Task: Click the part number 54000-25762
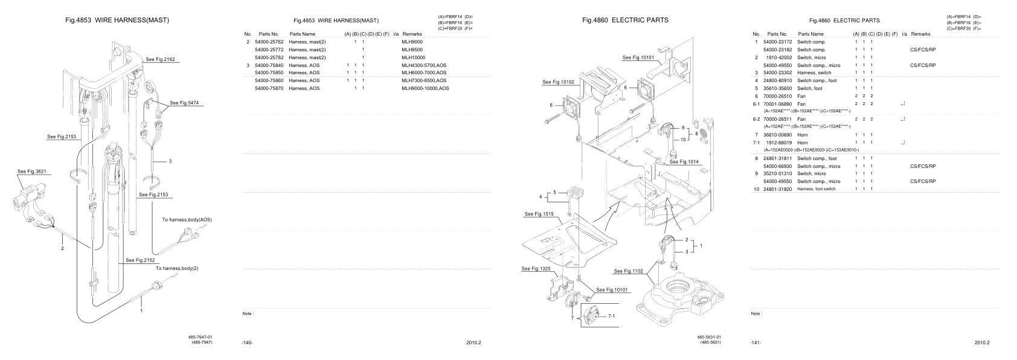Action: [270, 42]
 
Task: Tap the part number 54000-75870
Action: [270, 88]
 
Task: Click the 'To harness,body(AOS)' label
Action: [187, 219]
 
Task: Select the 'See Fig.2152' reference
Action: [140, 260]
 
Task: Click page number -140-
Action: [246, 343]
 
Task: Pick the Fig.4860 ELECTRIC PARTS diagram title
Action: [625, 20]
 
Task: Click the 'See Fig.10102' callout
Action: [559, 82]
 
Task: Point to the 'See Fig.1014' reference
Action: [684, 162]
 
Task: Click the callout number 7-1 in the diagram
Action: [612, 316]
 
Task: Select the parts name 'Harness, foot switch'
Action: [820, 189]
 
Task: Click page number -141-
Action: [756, 343]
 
